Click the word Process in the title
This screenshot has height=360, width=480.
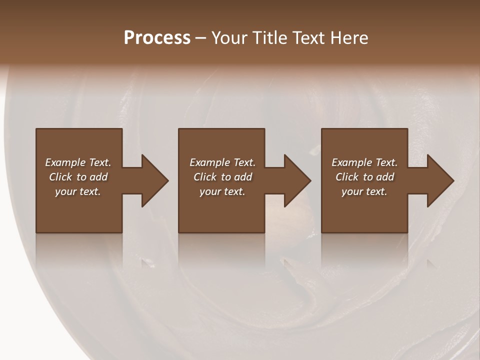[x=157, y=38]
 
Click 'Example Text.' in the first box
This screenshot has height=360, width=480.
[x=78, y=162]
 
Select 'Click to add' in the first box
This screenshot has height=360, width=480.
[x=78, y=177]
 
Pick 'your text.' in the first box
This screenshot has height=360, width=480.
[x=78, y=191]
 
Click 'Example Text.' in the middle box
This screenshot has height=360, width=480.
[x=222, y=162]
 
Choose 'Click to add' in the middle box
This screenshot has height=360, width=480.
[x=222, y=177]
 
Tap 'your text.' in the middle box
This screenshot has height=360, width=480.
[x=222, y=191]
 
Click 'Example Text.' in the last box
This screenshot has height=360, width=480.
[x=364, y=162]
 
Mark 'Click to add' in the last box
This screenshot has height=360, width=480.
[x=364, y=177]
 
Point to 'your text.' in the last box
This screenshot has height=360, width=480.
[x=364, y=191]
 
